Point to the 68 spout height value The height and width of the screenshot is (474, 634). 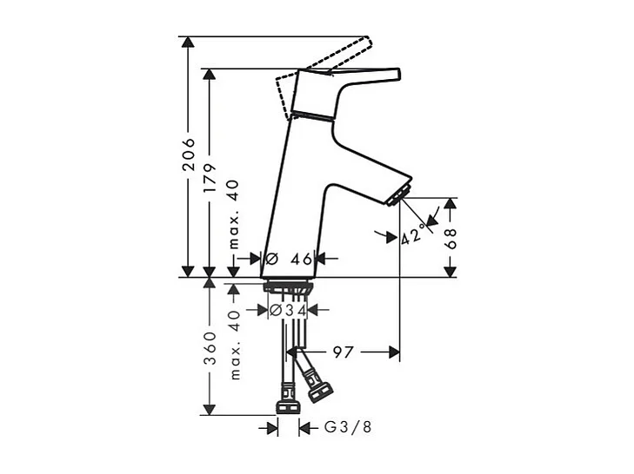pos(450,239)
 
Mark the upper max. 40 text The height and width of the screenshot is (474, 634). pos(235,215)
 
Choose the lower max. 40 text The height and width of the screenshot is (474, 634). pos(235,345)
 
